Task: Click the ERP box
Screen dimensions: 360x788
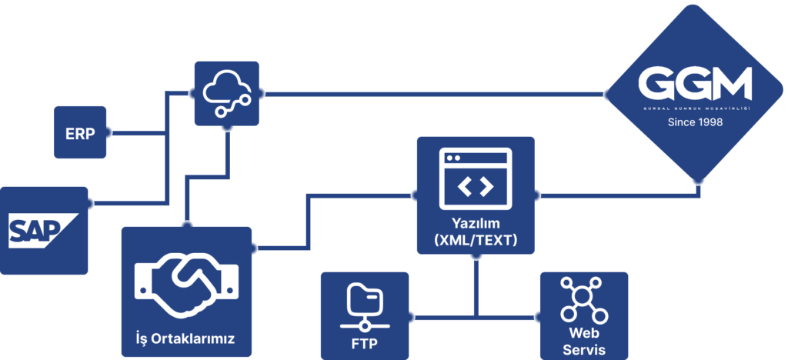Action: coord(80,132)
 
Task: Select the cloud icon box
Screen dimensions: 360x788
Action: coord(225,93)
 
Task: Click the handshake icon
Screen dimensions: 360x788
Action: coord(186,284)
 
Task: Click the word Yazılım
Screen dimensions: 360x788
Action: coord(475,224)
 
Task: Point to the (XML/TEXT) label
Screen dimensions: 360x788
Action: coord(475,241)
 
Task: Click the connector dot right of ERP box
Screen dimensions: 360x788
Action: coord(109,132)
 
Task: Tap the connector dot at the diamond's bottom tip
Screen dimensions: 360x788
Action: coord(698,182)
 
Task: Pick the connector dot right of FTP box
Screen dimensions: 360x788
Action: coord(411,315)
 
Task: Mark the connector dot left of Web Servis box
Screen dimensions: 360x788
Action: coord(537,315)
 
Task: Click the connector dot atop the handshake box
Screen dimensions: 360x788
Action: coord(185,224)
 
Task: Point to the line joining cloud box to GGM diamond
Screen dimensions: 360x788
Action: coord(431,94)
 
